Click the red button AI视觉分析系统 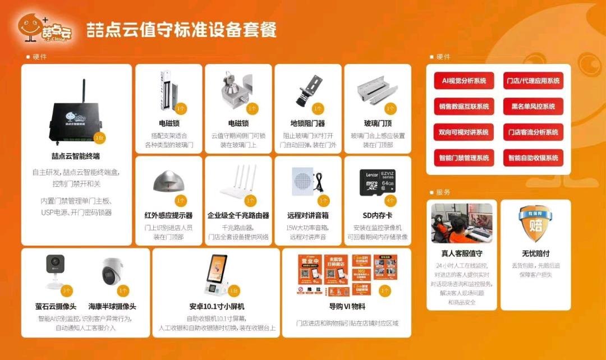click(x=464, y=81)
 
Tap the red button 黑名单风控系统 click(x=533, y=106)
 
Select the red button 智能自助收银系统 click(x=533, y=158)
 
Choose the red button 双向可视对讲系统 click(x=464, y=132)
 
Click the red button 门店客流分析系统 click(x=533, y=132)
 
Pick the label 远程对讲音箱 click(x=308, y=215)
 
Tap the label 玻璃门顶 click(x=377, y=123)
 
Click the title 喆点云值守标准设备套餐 click(x=181, y=30)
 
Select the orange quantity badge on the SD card click(x=391, y=200)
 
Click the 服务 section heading click(x=443, y=192)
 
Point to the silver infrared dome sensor click(x=168, y=182)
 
